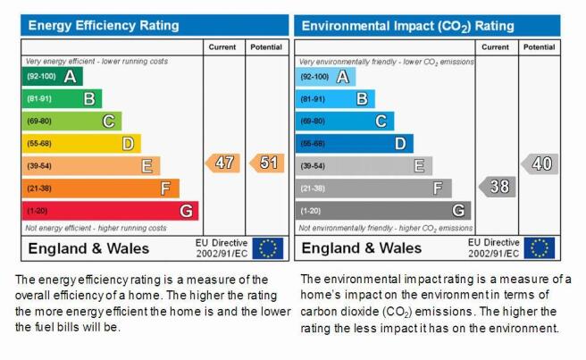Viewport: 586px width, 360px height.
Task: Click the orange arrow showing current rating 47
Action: click(222, 163)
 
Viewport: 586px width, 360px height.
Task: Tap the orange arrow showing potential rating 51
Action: click(267, 163)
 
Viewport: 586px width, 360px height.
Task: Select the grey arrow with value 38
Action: click(498, 187)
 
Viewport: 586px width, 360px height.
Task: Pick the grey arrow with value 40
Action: click(540, 163)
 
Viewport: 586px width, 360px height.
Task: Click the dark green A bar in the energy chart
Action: click(53, 76)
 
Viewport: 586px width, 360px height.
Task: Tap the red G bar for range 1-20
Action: click(110, 211)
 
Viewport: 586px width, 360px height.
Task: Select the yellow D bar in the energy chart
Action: click(81, 144)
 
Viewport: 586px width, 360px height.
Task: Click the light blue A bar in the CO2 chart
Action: click(325, 77)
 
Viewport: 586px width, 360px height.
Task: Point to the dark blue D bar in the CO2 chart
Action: click(355, 144)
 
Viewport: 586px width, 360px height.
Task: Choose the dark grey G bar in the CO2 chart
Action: click(383, 211)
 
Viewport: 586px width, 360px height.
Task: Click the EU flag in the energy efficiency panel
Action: click(268, 248)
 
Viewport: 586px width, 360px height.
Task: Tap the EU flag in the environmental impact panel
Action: click(540, 248)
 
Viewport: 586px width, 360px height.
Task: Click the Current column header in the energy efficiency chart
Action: click(222, 47)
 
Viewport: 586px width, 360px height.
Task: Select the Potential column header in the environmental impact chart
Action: click(539, 47)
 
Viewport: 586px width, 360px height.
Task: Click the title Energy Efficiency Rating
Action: click(104, 25)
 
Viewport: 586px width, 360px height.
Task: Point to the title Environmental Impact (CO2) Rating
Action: click(407, 26)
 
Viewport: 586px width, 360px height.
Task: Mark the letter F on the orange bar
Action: click(165, 188)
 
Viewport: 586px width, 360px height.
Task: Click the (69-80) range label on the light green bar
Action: click(39, 121)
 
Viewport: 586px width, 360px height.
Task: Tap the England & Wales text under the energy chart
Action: click(88, 248)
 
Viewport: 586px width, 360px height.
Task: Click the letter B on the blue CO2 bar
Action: click(362, 99)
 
